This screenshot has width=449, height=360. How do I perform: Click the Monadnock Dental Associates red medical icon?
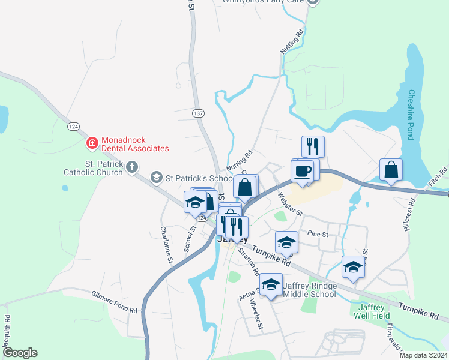[x=92, y=143]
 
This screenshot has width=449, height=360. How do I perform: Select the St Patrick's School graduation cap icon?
[x=157, y=177]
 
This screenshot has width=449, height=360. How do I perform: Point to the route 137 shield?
[x=198, y=113]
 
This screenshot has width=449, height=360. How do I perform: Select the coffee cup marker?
[x=302, y=170]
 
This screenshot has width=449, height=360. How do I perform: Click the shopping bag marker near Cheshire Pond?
[x=391, y=170]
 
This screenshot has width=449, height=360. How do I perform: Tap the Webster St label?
[x=290, y=203]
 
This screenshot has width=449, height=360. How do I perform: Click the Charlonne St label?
[x=166, y=245]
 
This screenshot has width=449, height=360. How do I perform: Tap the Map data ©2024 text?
[x=423, y=355]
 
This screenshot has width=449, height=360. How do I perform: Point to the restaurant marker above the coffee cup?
[x=313, y=146]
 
